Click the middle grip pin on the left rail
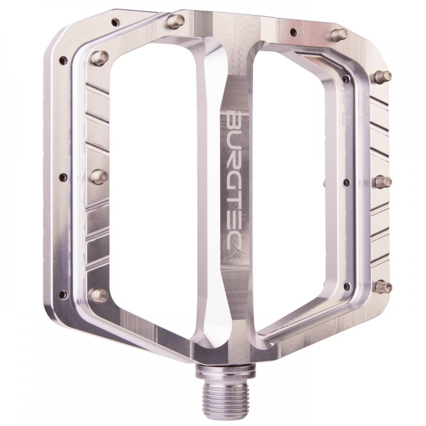coord(99,176)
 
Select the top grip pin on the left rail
coord(99,58)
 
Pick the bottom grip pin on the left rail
coord(99,294)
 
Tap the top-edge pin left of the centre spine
coord(176,21)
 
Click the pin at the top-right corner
coord(339,35)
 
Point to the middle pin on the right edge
coord(383,181)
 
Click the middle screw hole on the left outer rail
coord(63,177)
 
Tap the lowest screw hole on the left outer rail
coord(63,294)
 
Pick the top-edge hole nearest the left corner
coord(115,21)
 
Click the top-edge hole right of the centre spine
coord(294,32)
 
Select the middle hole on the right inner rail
coord(346,182)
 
